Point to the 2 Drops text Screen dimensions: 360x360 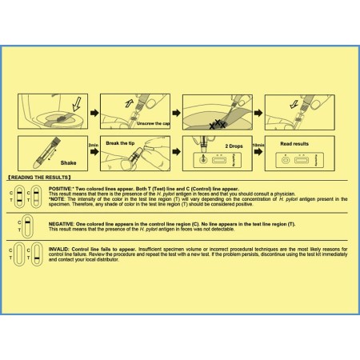click(x=234, y=146)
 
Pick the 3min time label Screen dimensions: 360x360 click(x=94, y=146)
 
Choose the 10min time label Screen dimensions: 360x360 click(x=258, y=146)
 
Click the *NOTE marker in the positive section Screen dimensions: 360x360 click(x=59, y=198)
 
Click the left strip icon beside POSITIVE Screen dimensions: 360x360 click(x=22, y=195)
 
